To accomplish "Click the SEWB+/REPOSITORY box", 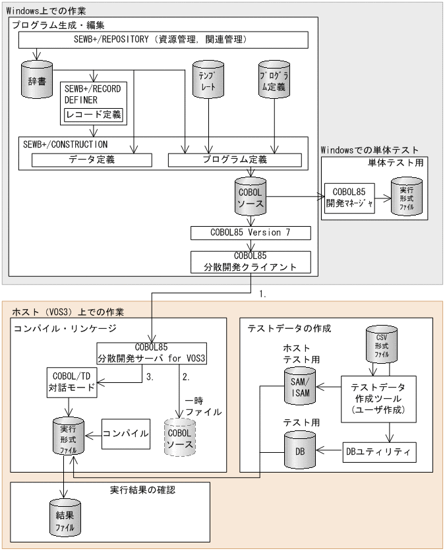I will (x=163, y=40).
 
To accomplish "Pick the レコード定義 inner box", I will (x=94, y=115).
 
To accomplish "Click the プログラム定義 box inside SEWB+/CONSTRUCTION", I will (x=234, y=159).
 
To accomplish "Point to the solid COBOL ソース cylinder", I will (x=250, y=195).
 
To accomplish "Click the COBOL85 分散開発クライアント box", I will (x=250, y=262).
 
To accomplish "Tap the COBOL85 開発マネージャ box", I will (x=350, y=198).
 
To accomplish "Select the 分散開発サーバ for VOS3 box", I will (x=151, y=353).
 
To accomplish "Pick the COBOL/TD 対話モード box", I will (x=72, y=382).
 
